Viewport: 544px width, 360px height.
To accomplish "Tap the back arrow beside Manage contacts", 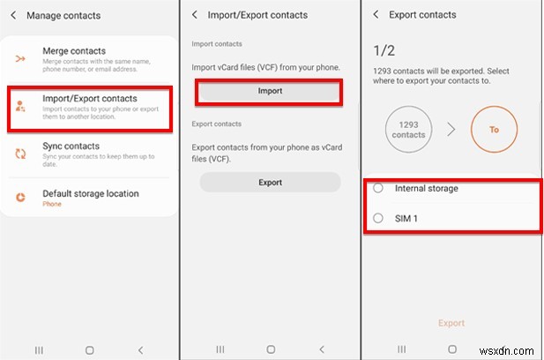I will (12, 15).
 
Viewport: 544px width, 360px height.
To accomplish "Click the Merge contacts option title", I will (74, 51).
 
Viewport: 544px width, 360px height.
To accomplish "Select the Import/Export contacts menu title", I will (90, 98).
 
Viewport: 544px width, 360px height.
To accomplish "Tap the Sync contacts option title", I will (71, 146).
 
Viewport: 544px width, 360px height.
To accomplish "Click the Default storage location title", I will (91, 193).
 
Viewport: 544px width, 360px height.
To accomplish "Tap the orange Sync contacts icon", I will (20, 153).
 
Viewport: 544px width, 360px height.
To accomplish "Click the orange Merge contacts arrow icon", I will (20, 58).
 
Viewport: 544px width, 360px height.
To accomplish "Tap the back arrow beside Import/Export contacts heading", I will (194, 15).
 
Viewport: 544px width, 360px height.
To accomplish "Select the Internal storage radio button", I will (378, 188).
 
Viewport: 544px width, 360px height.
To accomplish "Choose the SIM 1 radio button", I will (378, 218).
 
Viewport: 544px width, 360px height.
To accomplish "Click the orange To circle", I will (494, 130).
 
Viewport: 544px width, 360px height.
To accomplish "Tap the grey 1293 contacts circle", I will (408, 130).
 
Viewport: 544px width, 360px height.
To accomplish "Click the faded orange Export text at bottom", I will (451, 323).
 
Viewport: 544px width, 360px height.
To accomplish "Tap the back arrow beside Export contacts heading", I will (376, 15).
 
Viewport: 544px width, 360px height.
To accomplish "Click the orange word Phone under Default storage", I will (52, 204).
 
